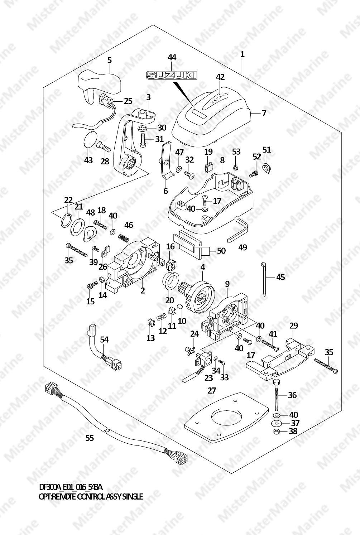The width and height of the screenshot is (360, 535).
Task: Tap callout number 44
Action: (172, 57)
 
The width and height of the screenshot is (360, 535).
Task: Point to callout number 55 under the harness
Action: (90, 438)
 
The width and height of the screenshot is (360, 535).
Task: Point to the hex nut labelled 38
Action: (276, 432)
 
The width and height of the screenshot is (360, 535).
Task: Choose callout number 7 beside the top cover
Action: (264, 114)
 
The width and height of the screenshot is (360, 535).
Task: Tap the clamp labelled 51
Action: (267, 167)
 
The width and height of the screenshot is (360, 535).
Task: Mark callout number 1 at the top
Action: (243, 54)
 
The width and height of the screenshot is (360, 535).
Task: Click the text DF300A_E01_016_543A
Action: (71, 487)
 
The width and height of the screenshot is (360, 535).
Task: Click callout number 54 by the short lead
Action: (104, 339)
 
